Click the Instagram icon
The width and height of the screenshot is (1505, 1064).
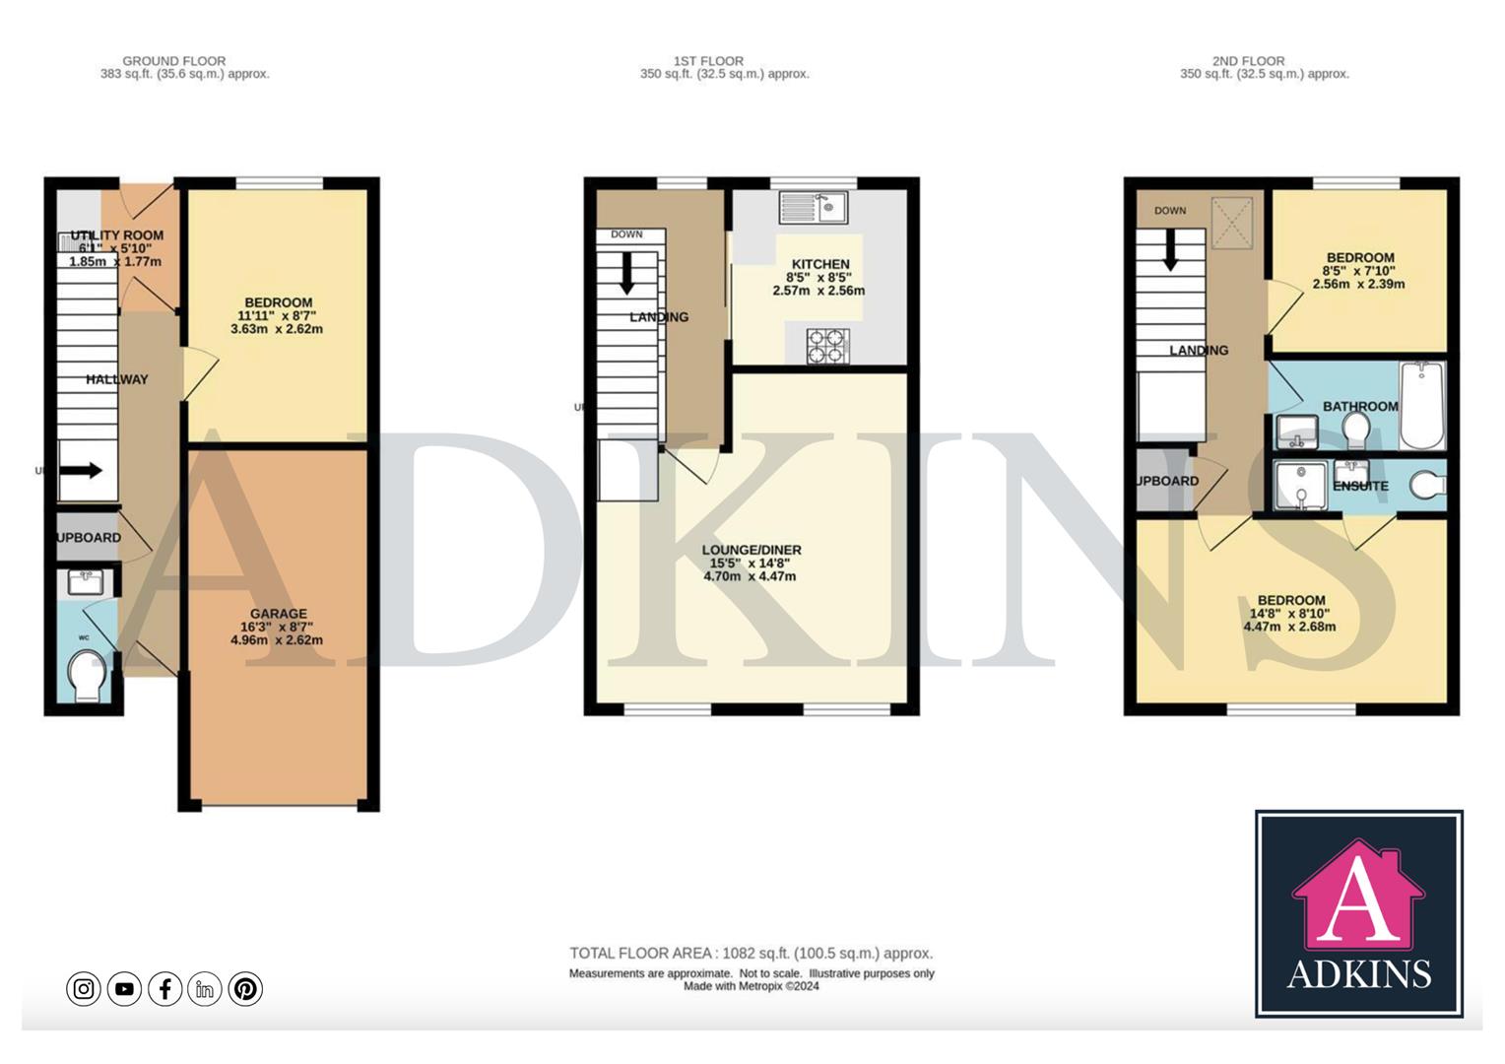pyautogui.click(x=84, y=988)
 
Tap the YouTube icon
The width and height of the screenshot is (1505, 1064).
pyautogui.click(x=124, y=988)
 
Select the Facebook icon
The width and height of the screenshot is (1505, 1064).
pyautogui.click(x=164, y=988)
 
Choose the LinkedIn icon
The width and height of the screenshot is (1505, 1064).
pyautogui.click(x=205, y=988)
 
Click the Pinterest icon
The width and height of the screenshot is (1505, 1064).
pyautogui.click(x=245, y=988)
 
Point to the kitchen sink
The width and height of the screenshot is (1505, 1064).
pyautogui.click(x=813, y=207)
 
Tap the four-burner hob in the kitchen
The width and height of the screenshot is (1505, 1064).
pyautogui.click(x=825, y=345)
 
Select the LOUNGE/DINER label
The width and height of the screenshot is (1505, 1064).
pyautogui.click(x=751, y=550)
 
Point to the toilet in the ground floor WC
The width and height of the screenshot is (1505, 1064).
pyautogui.click(x=86, y=678)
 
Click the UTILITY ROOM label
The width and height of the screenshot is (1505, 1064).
pyautogui.click(x=116, y=235)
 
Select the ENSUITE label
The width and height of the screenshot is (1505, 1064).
pyautogui.click(x=1360, y=486)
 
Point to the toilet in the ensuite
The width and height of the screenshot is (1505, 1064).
pyautogui.click(x=1427, y=484)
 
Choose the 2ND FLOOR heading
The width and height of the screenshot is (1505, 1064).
pyautogui.click(x=1248, y=61)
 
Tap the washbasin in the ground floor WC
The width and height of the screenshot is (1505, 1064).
pyautogui.click(x=87, y=581)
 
